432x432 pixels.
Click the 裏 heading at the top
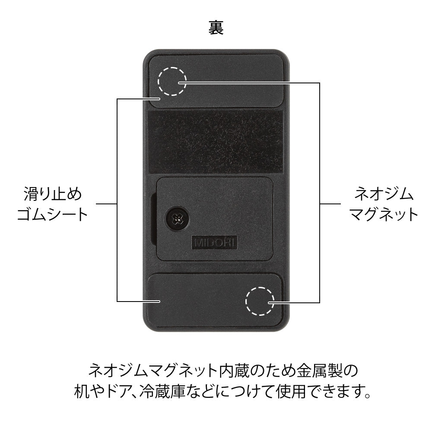[x=216, y=29]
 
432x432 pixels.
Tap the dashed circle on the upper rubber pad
[x=172, y=81]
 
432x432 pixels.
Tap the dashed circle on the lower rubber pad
[x=260, y=301]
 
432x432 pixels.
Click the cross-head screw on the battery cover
[x=176, y=219]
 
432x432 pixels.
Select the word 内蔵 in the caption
[x=236, y=371]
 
